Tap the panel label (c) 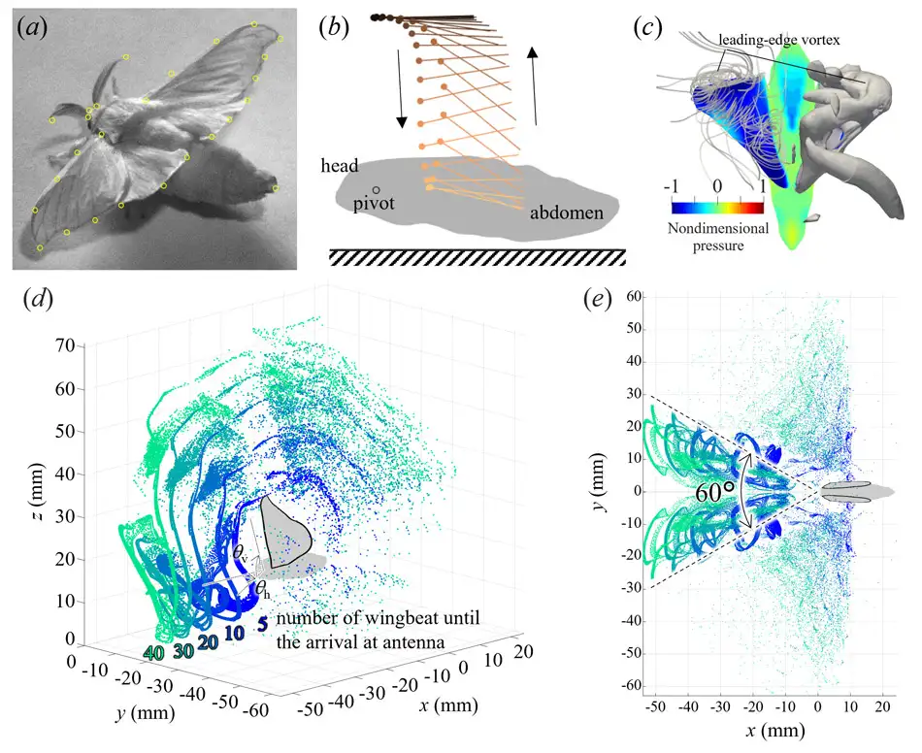coord(648,26)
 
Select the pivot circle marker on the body coord(377,190)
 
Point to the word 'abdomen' coord(568,213)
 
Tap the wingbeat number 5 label coord(261,625)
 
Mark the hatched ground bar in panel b coord(476,256)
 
